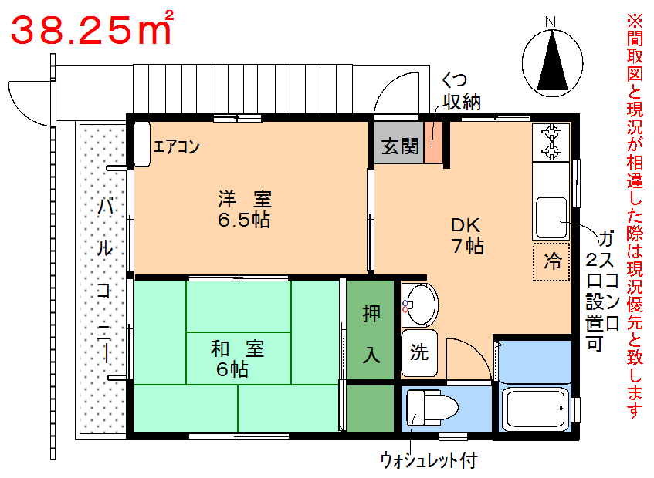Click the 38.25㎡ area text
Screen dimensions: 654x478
[x=92, y=29]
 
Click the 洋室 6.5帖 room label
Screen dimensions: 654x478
[x=245, y=209]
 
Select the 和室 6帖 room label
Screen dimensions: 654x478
[x=237, y=358]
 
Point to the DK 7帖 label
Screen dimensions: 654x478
[x=467, y=235]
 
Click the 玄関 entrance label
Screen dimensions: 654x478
[x=399, y=146]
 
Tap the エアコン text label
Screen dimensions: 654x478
[x=176, y=146]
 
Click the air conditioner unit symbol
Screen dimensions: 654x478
[x=142, y=144]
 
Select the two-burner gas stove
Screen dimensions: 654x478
[x=551, y=143]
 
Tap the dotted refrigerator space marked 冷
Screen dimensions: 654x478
[x=551, y=261]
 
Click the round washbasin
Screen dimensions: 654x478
[x=420, y=305]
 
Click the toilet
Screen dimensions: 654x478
[x=431, y=408]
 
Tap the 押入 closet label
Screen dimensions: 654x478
[x=371, y=334]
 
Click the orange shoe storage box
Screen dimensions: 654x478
[x=433, y=143]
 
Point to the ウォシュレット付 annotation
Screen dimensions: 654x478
[x=429, y=460]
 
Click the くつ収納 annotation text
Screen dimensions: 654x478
[x=461, y=92]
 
